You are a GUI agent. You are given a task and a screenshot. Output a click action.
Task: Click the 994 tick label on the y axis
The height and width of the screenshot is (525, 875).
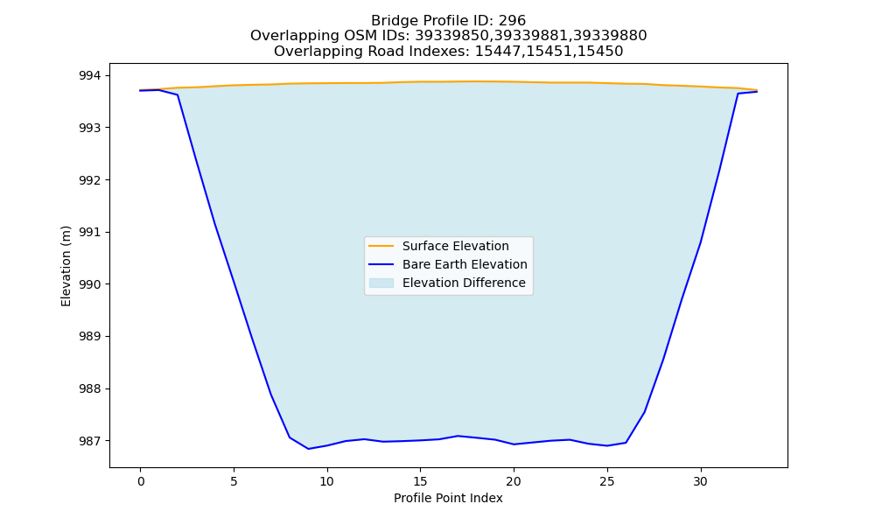coord(90,75)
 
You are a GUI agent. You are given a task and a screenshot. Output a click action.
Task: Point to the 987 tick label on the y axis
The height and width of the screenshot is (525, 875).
coord(90,441)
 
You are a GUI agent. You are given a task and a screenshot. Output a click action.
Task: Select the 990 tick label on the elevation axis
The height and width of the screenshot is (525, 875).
coord(90,284)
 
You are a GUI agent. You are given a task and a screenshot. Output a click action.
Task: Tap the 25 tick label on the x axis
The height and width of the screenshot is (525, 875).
coord(607,481)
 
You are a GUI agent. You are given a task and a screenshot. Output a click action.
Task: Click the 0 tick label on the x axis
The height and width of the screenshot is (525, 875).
coord(141,481)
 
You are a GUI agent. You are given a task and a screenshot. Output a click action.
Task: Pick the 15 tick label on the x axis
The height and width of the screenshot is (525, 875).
coord(420,481)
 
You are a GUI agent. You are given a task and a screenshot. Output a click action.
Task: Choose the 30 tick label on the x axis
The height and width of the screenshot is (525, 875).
coord(700,481)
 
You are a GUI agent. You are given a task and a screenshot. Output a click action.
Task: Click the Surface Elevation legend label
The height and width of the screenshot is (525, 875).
coord(455,246)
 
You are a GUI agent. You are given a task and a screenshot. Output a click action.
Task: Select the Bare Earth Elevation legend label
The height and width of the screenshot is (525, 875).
coord(465,264)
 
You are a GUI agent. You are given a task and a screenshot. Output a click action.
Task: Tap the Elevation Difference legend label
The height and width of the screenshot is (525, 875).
coord(464,283)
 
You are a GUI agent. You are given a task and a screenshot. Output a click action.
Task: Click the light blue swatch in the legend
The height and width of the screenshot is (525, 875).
coord(381,283)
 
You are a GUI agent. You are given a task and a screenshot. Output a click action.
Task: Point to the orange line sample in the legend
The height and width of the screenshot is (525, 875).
coord(381,246)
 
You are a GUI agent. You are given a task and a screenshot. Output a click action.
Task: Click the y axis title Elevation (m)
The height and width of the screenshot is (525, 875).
coord(66,266)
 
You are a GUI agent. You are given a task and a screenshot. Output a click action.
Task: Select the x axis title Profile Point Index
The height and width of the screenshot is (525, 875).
coord(448,498)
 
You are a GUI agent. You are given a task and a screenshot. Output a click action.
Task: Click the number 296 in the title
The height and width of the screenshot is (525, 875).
coord(512,21)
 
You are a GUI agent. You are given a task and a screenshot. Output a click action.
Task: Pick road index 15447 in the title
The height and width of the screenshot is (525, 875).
coord(498,52)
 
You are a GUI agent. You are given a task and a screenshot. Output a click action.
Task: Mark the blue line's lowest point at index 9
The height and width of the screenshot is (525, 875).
coord(308,449)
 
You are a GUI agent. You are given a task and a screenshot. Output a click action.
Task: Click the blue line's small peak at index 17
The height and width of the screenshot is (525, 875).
coord(458,436)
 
